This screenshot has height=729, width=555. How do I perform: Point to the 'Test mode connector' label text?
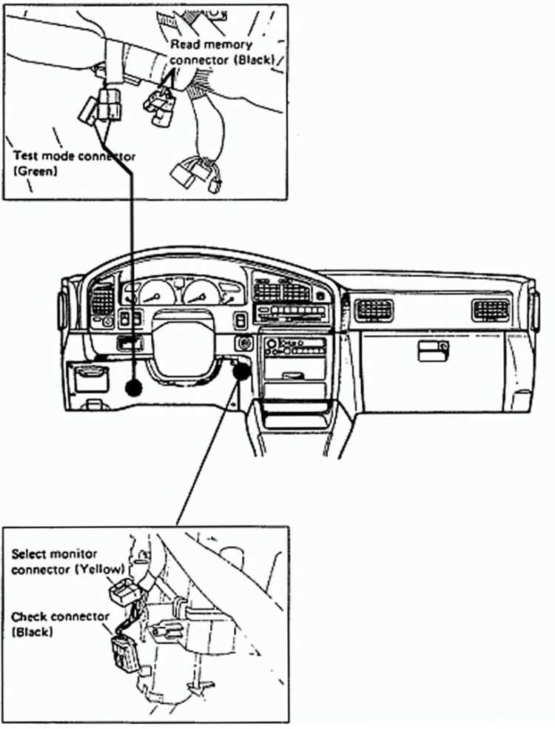pyautogui.click(x=75, y=156)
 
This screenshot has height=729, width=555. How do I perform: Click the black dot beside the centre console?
pyautogui.click(x=240, y=372)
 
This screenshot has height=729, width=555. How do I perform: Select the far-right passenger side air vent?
pyautogui.click(x=491, y=309)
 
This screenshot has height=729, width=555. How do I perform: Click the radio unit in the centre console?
pyautogui.click(x=292, y=346)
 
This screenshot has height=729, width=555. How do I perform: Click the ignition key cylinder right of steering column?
pyautogui.click(x=242, y=343)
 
